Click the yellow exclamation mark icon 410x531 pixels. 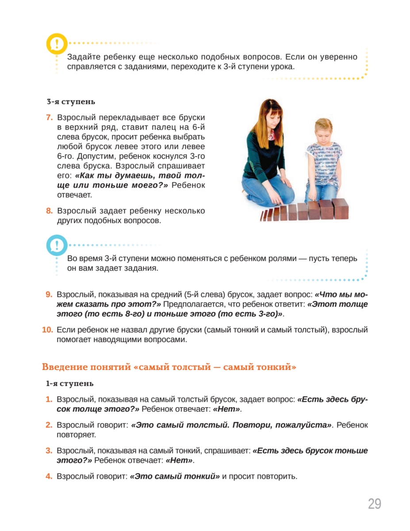click(x=57, y=44)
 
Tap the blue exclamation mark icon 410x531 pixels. click(x=57, y=245)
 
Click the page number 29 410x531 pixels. click(x=374, y=504)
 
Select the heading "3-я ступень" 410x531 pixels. click(x=71, y=102)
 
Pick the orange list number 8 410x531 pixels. click(x=49, y=211)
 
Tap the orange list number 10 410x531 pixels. click(x=47, y=330)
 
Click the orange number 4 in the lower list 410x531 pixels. click(x=49, y=477)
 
